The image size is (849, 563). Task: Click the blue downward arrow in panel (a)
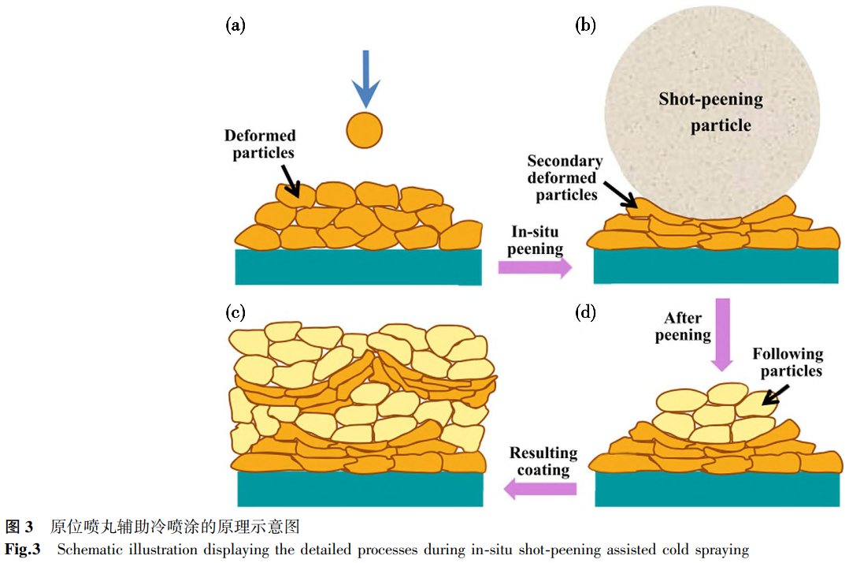[365, 79]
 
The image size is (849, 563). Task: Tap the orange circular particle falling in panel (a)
[364, 129]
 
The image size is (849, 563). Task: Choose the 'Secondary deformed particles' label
[565, 177]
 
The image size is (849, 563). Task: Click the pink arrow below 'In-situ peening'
[535, 268]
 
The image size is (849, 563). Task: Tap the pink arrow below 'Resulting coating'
[540, 489]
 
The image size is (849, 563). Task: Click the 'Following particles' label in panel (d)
[788, 362]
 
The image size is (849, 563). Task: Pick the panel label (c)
[235, 312]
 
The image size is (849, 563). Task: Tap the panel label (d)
[585, 312]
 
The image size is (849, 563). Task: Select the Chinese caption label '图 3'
[19, 525]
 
